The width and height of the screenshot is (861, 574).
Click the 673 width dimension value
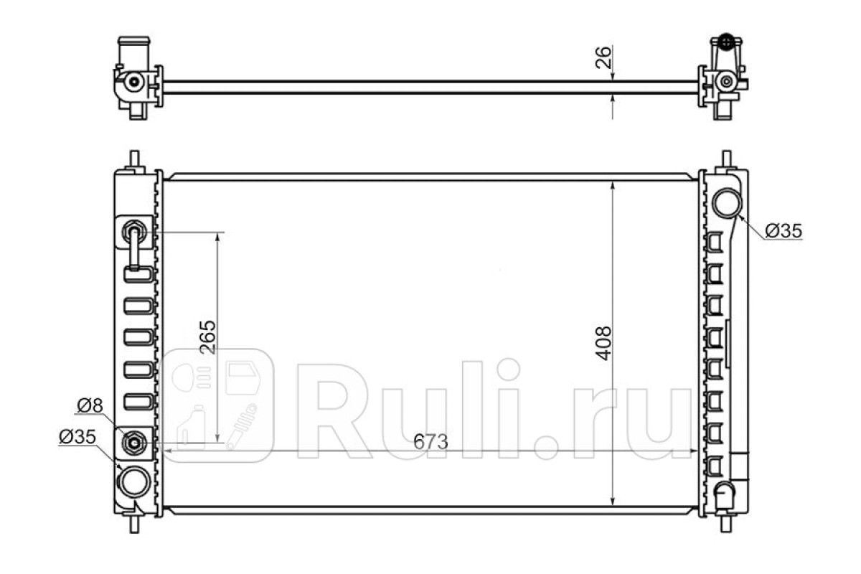430,442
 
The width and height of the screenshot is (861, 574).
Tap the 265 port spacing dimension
208,337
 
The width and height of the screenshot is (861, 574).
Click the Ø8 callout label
90,405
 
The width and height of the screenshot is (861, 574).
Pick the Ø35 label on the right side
784,231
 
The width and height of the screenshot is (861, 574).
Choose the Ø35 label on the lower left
77,437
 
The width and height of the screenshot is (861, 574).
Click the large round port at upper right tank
728,203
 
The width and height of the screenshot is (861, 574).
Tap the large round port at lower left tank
135,482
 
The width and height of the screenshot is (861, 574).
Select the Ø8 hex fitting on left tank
134,443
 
